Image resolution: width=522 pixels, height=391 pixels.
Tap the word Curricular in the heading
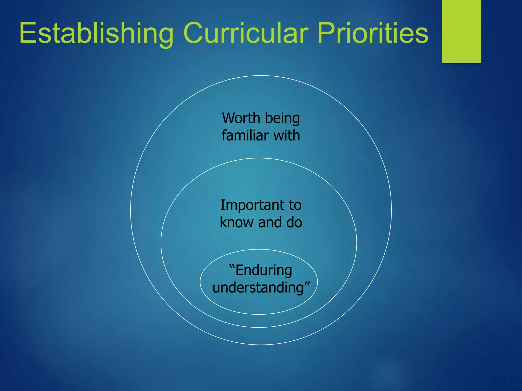pos(246,33)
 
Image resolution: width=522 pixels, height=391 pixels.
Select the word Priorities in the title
pos(373,33)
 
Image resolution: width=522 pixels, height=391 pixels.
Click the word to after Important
pos(295,205)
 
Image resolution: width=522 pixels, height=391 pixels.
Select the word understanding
pos(258,288)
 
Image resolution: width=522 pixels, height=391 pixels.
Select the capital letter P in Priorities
pos(325,33)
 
